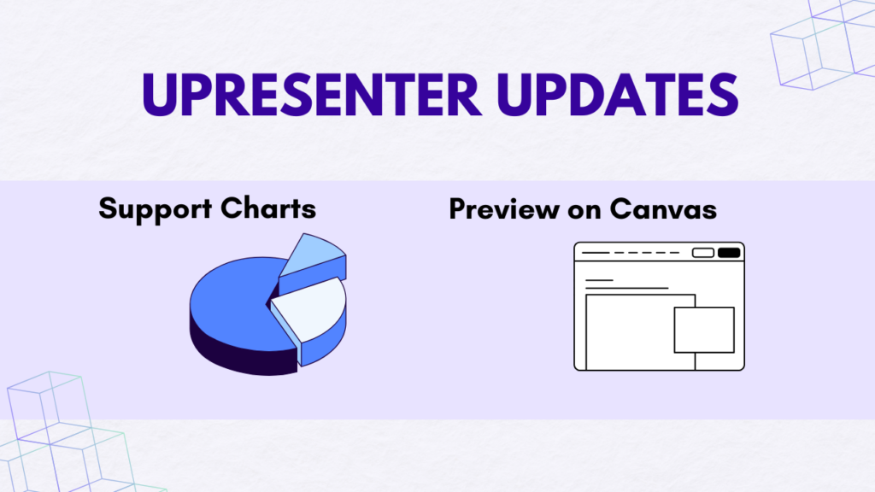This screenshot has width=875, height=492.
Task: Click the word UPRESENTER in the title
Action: [311, 95]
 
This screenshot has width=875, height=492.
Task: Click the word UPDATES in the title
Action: [618, 95]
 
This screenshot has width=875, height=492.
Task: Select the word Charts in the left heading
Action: [268, 208]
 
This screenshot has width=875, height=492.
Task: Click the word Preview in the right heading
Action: [504, 210]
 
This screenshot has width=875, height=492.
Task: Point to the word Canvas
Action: [663, 209]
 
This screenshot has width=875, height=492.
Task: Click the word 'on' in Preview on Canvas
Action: [584, 212]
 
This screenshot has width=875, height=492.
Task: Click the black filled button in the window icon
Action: [729, 253]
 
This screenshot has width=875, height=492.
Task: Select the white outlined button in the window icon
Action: [703, 253]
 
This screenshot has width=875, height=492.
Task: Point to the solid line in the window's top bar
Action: [596, 253]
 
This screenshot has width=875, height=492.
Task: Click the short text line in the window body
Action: [599, 280]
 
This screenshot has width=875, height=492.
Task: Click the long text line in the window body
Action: [626, 289]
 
